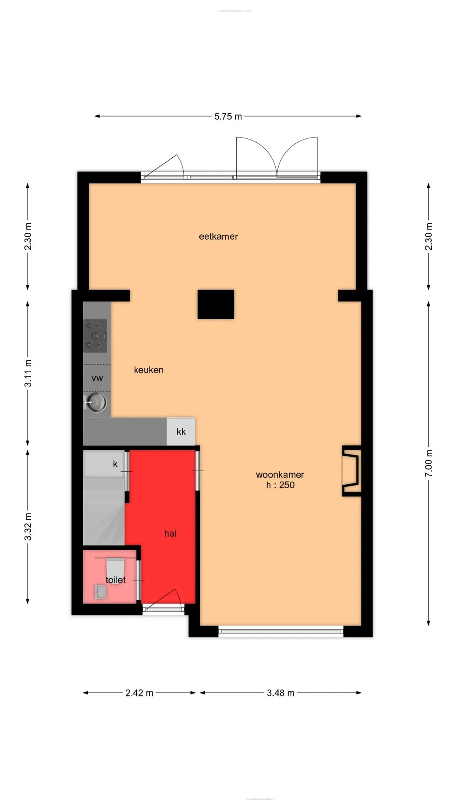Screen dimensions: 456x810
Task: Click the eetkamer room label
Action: tap(218, 237)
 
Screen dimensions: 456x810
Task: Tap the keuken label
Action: tap(149, 370)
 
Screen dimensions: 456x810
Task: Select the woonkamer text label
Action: tap(280, 475)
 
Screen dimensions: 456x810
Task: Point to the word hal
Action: tap(170, 533)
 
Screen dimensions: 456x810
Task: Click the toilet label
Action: tap(115, 580)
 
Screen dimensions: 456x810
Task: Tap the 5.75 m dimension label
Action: tap(228, 116)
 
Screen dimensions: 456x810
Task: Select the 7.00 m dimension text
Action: tap(429, 463)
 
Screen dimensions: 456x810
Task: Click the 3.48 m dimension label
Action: tap(280, 693)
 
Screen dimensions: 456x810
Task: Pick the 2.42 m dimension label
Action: tap(139, 693)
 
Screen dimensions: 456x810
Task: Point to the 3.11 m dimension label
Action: tap(28, 373)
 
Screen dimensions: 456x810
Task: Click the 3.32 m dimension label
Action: tap(28, 526)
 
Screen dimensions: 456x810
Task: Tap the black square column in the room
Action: tap(216, 304)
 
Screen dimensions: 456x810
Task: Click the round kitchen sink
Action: tap(97, 402)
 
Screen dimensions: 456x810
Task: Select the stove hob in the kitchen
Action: tap(95, 336)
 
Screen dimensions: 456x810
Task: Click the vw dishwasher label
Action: tap(97, 378)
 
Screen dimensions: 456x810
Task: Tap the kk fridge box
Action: tap(181, 431)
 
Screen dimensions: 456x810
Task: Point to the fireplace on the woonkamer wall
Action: tap(352, 471)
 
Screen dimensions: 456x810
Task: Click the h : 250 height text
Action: tap(280, 485)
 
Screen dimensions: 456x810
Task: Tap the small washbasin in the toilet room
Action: tap(100, 592)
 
